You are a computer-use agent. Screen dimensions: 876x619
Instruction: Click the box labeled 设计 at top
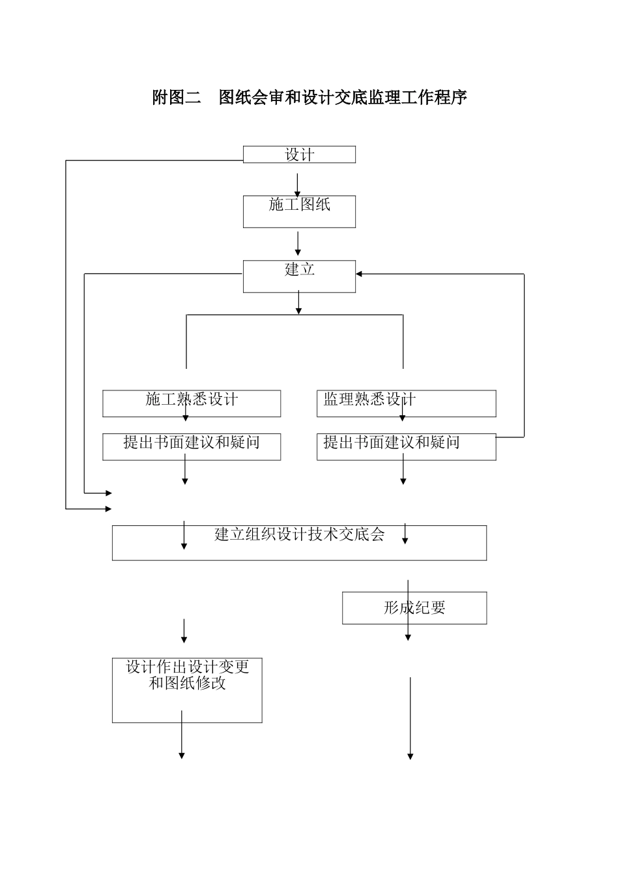coord(299,154)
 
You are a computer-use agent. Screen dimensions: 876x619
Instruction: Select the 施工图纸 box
coord(299,211)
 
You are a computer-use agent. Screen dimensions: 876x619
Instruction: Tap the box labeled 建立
coord(299,276)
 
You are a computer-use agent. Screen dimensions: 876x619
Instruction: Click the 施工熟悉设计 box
coord(192,403)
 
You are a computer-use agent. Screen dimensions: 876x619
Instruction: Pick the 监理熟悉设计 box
coord(406,403)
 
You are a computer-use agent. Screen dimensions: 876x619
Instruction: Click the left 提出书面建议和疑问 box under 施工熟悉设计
coord(192,446)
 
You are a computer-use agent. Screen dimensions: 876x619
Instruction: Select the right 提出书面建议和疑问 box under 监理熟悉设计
coord(406,446)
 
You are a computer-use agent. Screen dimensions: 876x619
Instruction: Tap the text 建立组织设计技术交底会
coord(299,534)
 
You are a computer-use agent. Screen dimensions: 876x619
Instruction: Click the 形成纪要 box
coord(414,607)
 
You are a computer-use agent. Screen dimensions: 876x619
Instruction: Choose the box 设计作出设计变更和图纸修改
coord(187,690)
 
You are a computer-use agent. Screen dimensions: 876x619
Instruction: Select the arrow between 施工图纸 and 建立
coord(298,243)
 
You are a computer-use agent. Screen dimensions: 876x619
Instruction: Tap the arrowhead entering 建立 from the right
coord(360,274)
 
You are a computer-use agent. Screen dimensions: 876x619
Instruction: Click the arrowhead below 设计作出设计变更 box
coord(182,755)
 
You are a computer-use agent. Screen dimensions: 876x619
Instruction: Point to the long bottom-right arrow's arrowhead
coord(410,756)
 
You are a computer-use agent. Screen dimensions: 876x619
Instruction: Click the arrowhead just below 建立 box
coord(298,310)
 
